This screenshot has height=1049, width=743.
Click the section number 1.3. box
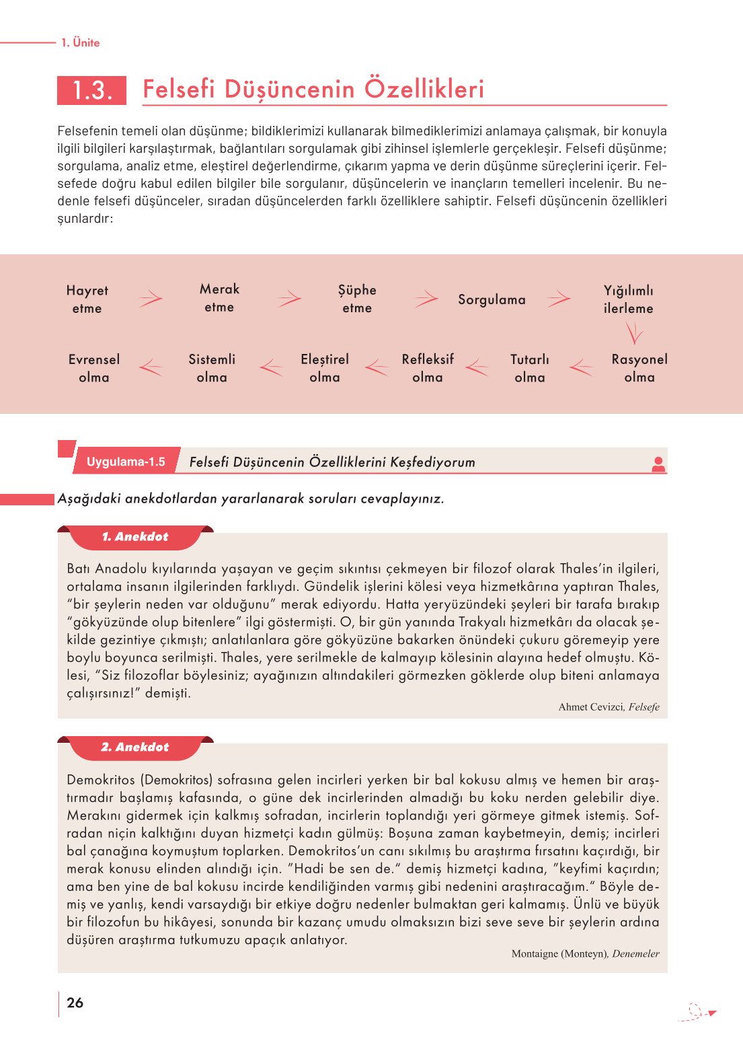click(91, 90)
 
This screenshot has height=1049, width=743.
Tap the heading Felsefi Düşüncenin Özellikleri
click(313, 89)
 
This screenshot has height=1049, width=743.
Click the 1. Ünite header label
click(80, 42)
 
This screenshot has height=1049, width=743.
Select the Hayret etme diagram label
click(87, 299)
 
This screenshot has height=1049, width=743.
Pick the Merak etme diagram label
click(219, 298)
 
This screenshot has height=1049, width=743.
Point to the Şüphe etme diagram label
click(357, 299)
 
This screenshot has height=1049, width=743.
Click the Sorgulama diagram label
click(492, 299)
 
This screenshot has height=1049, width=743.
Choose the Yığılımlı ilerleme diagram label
click(628, 299)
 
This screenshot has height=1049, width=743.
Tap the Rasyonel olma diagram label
click(639, 368)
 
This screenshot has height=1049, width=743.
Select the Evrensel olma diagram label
click(94, 368)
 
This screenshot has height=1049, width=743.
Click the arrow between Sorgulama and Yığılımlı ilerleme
click(559, 298)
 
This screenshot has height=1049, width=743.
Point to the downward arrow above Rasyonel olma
click(633, 333)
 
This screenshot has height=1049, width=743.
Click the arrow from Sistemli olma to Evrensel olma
click(151, 367)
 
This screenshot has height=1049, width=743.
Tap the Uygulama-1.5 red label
click(126, 462)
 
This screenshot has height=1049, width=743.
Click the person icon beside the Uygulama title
click(658, 464)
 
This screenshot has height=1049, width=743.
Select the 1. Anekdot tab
click(135, 537)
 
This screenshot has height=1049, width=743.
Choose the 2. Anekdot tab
click(135, 748)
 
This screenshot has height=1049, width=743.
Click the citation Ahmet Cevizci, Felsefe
click(609, 707)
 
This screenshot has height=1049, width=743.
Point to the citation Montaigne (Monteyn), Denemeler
click(585, 954)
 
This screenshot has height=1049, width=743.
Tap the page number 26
click(75, 1003)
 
